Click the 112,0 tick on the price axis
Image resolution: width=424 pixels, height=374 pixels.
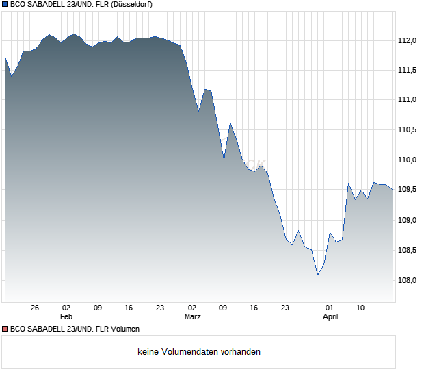point(408,40)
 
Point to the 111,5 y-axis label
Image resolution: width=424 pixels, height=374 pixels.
point(408,70)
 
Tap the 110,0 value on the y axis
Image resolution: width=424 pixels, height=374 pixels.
point(408,160)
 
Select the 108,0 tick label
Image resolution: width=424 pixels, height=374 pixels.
point(408,280)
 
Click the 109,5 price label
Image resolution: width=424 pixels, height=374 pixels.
point(408,190)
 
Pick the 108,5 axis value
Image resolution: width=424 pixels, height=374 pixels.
point(408,250)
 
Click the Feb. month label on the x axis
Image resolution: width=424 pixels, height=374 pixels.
point(66,316)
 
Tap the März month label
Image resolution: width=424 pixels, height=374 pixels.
point(193,316)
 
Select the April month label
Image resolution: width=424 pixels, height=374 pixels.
point(330,316)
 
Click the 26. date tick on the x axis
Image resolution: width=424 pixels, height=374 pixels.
point(36,308)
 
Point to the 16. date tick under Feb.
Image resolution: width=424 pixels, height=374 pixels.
point(130,308)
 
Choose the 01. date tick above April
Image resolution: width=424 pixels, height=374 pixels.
point(330,308)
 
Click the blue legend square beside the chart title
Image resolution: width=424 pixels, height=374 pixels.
point(4,4)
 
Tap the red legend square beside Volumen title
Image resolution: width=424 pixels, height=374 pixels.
point(4,329)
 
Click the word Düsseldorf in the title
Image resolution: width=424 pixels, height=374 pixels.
point(129,4)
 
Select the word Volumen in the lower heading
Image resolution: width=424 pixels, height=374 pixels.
point(123,329)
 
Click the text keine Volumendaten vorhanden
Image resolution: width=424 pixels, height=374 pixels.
point(199,352)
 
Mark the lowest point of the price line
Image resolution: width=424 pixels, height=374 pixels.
point(317,275)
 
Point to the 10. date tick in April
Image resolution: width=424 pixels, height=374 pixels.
point(362,308)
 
